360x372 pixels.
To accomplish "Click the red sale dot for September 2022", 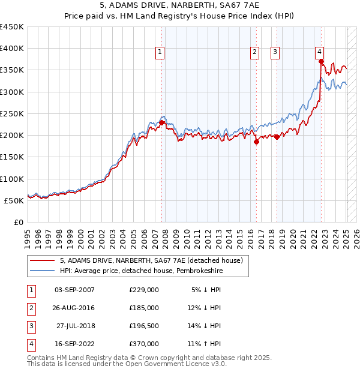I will tap(322, 61).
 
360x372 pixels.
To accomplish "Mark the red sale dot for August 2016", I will tap(256, 142).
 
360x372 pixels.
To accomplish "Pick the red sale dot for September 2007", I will tap(162, 122).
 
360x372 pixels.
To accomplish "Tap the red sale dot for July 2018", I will tap(277, 137).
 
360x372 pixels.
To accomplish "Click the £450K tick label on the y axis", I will tap(12, 27).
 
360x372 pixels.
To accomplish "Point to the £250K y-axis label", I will tap(12, 113).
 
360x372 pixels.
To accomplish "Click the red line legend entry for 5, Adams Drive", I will tap(151, 260).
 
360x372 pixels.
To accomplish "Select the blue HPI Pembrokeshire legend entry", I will tap(151, 271).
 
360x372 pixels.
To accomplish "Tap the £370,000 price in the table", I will tap(144, 344).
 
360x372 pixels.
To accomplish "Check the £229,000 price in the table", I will tap(144, 290).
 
